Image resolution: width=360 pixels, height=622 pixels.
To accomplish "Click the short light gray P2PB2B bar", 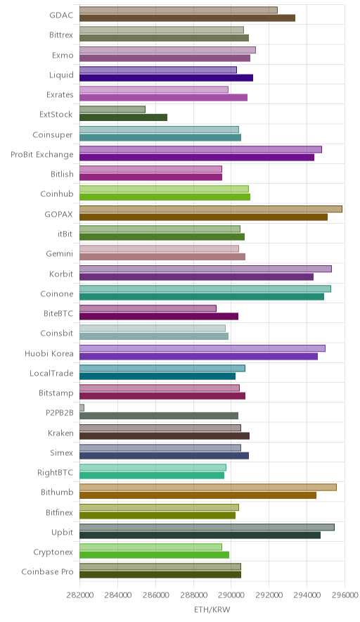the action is tap(82, 408).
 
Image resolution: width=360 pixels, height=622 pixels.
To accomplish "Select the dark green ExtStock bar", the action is tap(123, 118).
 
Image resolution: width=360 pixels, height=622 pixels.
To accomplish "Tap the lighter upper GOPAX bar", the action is tap(211, 209).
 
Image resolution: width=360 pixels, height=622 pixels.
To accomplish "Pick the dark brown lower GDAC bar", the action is tap(188, 18).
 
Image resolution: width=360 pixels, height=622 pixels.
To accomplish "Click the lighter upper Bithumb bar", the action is tap(208, 487).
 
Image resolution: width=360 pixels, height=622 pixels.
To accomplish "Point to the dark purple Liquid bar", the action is tap(166, 77).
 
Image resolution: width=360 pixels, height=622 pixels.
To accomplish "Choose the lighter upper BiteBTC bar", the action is tap(148, 308).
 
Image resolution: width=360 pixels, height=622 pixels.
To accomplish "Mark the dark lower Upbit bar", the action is tap(200, 535).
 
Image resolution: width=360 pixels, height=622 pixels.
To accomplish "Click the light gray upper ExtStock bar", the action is tap(112, 110).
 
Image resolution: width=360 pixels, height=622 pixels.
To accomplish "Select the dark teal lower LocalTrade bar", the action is tap(157, 376).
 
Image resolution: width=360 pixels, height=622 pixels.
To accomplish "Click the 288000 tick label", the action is tap(193, 595).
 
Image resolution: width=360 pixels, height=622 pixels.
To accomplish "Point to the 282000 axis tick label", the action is tap(79, 595).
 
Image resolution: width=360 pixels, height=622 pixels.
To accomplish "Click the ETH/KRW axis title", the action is tap(212, 610).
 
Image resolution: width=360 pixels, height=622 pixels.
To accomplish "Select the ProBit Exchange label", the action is tap(42, 154).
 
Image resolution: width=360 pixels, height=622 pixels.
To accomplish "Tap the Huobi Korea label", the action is tap(49, 353).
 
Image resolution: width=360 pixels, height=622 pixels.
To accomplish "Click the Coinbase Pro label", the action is tap(48, 571).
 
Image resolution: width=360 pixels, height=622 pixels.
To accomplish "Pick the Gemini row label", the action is tap(60, 253).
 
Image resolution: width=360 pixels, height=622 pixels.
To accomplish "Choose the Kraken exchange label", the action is tap(60, 433).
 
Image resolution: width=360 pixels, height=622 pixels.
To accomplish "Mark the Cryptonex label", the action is tap(53, 552).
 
